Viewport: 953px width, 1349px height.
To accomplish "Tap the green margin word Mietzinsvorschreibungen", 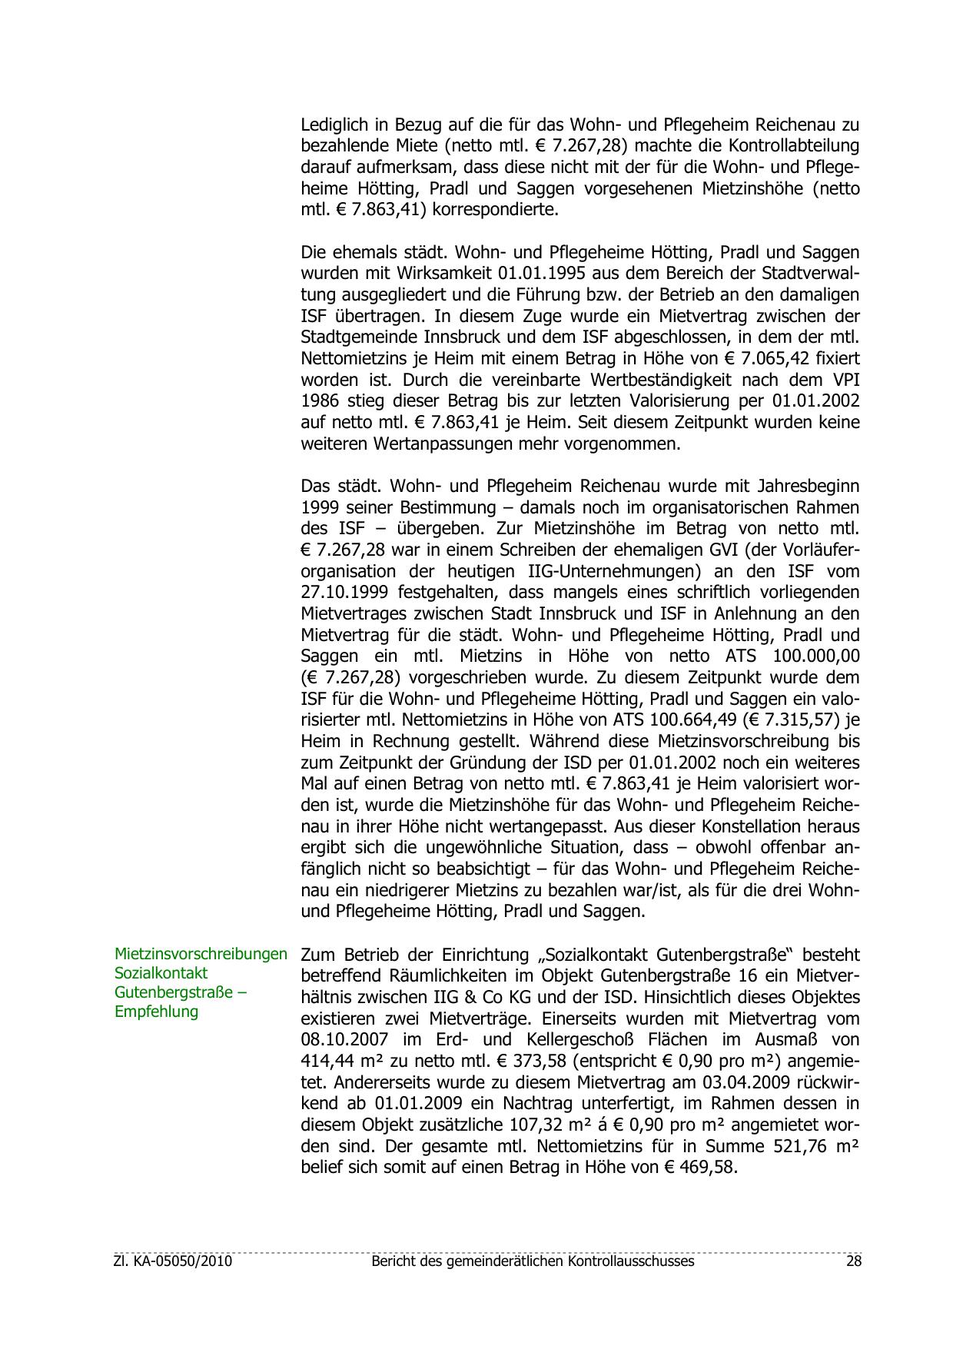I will pos(201,954).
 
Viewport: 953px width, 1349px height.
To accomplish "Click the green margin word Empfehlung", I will pos(156,1012).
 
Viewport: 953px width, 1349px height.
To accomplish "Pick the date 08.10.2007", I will pos(350,1040).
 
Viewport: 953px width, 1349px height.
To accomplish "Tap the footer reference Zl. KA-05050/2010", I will pos(173,1261).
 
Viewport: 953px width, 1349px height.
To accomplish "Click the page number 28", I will pos(853,1261).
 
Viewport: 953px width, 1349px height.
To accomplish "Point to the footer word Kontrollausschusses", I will pos(631,1261).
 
